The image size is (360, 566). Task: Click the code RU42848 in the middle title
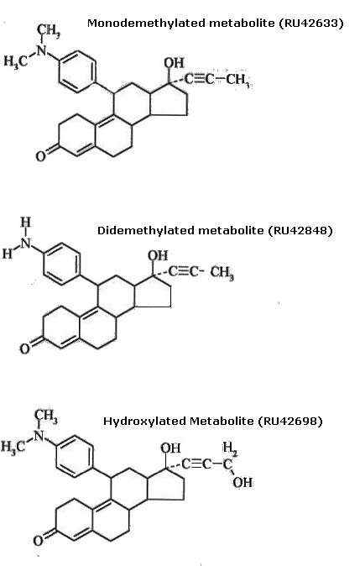click(x=300, y=230)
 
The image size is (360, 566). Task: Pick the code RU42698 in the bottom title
click(x=290, y=421)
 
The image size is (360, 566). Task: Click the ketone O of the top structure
click(x=40, y=156)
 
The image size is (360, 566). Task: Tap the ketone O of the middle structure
click(x=24, y=349)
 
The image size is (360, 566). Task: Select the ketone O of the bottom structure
click(x=39, y=541)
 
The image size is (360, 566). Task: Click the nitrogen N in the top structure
click(x=42, y=50)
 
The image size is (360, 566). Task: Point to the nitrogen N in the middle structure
click(x=26, y=244)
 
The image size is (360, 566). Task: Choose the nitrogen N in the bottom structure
click(x=39, y=436)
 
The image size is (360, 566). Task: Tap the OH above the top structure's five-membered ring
click(x=174, y=63)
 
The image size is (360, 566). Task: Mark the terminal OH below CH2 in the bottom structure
click(x=243, y=483)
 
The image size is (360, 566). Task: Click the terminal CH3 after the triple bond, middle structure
click(x=222, y=273)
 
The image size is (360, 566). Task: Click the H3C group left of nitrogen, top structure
click(x=15, y=61)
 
